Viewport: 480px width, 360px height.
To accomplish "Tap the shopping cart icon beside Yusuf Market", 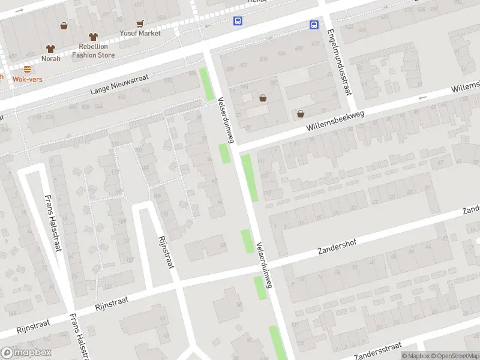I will [140, 24].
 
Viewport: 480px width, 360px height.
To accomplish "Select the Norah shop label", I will [51, 58].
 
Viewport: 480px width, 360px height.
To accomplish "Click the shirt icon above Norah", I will [51, 49].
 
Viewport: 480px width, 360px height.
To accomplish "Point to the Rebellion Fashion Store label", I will [93, 51].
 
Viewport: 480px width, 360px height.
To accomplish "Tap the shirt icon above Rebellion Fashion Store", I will [93, 37].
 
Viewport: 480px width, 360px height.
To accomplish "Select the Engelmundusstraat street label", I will [338, 62].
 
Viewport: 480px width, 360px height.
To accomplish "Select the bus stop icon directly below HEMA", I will [238, 21].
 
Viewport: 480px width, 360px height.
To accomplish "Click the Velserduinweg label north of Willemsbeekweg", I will [224, 120].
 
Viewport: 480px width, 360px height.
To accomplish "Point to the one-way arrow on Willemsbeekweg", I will [423, 98].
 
